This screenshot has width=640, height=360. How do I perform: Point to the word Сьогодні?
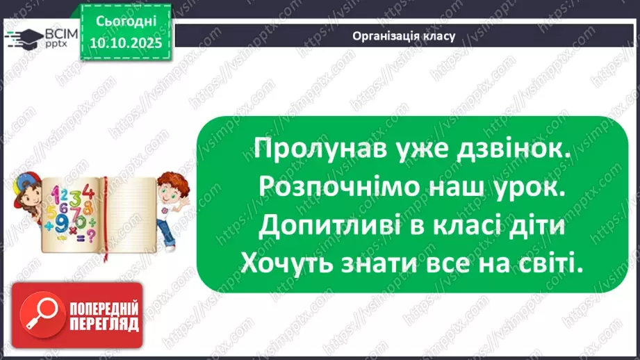click(x=126, y=20)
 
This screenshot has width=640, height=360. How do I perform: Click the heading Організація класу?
click(x=404, y=36)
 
